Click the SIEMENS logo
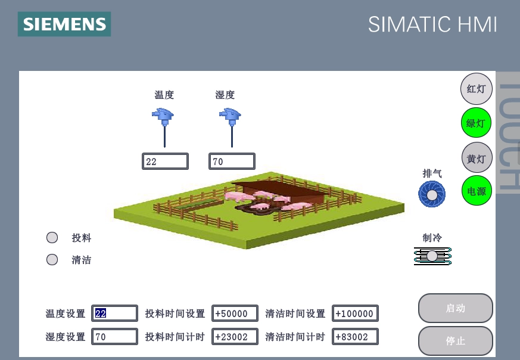[64, 24]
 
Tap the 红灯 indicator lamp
[477, 89]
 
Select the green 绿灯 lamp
[477, 123]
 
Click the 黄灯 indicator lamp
[477, 157]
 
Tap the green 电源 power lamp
[477, 191]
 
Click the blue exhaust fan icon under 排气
[432, 194]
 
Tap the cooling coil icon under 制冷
[432, 256]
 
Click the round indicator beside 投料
[52, 238]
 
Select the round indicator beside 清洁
[52, 259]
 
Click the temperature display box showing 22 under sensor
[165, 162]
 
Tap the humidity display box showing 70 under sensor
[232, 162]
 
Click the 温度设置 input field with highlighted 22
[114, 314]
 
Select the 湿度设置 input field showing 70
[114, 337]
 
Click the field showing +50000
[235, 314]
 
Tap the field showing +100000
[355, 314]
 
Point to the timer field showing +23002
[235, 337]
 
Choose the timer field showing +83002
[355, 337]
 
